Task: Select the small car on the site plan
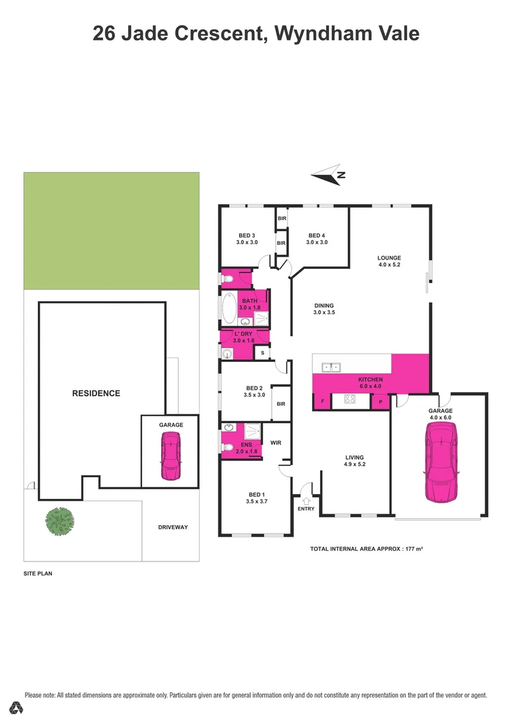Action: (x=170, y=456)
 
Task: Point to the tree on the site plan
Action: (x=60, y=520)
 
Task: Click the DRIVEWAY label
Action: (x=173, y=527)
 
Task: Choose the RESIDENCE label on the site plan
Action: (x=96, y=393)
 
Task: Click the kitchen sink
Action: (x=330, y=367)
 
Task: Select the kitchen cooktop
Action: (x=350, y=399)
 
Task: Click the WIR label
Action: (x=275, y=443)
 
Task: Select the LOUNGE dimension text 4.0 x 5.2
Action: (x=389, y=265)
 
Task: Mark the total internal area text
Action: (x=366, y=549)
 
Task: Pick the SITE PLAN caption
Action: (x=38, y=574)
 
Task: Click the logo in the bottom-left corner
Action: (x=17, y=708)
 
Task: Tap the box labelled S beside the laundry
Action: (x=262, y=353)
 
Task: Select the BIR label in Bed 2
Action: (x=280, y=404)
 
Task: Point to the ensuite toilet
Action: (x=228, y=447)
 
